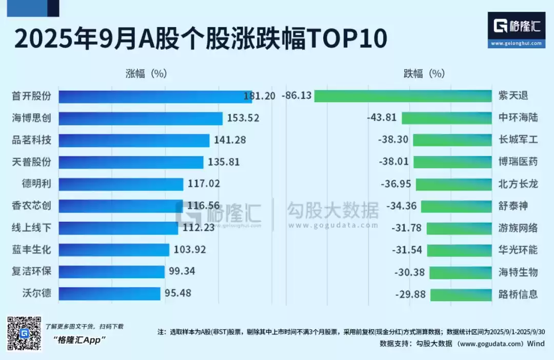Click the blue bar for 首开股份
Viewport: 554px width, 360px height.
pyautogui.click(x=154, y=96)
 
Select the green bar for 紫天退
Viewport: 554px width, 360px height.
pyautogui.click(x=403, y=96)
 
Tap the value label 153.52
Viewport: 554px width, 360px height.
pyautogui.click(x=243, y=118)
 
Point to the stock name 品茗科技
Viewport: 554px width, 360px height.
pyautogui.click(x=32, y=140)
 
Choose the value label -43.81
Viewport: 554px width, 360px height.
pyautogui.click(x=382, y=117)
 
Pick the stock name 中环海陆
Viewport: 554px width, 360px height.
pyautogui.click(x=518, y=117)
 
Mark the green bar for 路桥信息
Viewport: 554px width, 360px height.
pyautogui.click(x=461, y=294)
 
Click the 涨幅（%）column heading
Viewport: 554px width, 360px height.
pyautogui.click(x=146, y=73)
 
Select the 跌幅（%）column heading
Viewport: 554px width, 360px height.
pyautogui.click(x=424, y=73)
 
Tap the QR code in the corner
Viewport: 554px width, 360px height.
pyautogui.click(x=24, y=333)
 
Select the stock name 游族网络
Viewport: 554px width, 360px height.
pyautogui.click(x=518, y=228)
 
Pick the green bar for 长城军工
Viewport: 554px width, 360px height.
pyautogui.click(x=452, y=140)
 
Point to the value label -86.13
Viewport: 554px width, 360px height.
pyautogui.click(x=296, y=96)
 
